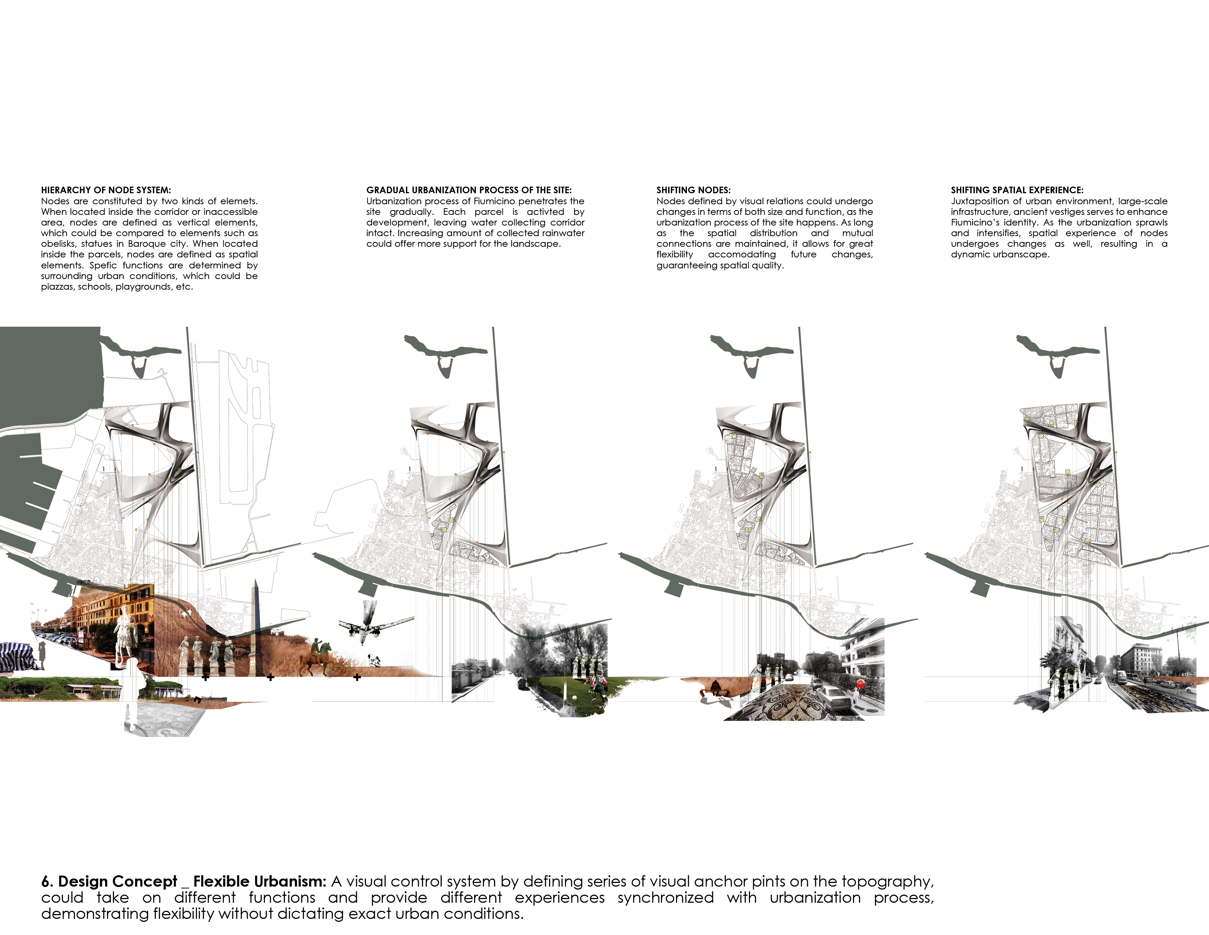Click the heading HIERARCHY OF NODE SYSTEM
click(106, 190)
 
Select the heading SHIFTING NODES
click(694, 190)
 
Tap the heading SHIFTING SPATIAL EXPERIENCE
click(1017, 190)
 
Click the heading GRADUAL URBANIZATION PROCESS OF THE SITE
click(469, 190)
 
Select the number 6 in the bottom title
click(47, 881)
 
